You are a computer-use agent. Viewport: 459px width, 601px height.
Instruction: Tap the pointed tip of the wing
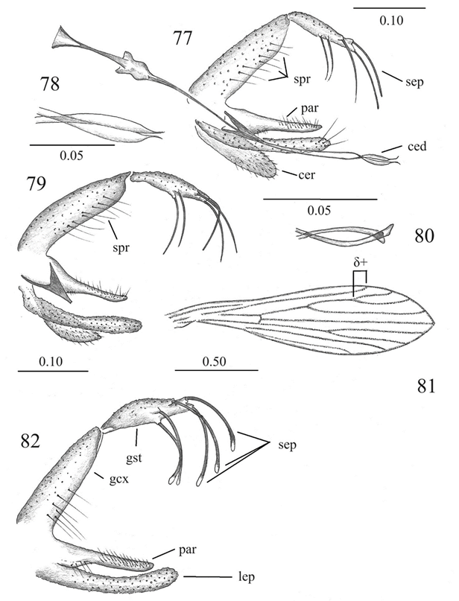pos(435,323)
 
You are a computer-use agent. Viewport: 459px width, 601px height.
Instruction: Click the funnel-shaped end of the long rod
pos(63,34)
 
